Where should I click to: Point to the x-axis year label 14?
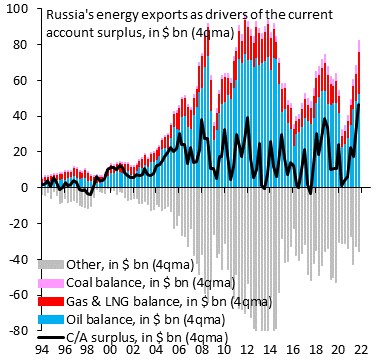point(271,350)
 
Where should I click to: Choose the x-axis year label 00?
point(113,350)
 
